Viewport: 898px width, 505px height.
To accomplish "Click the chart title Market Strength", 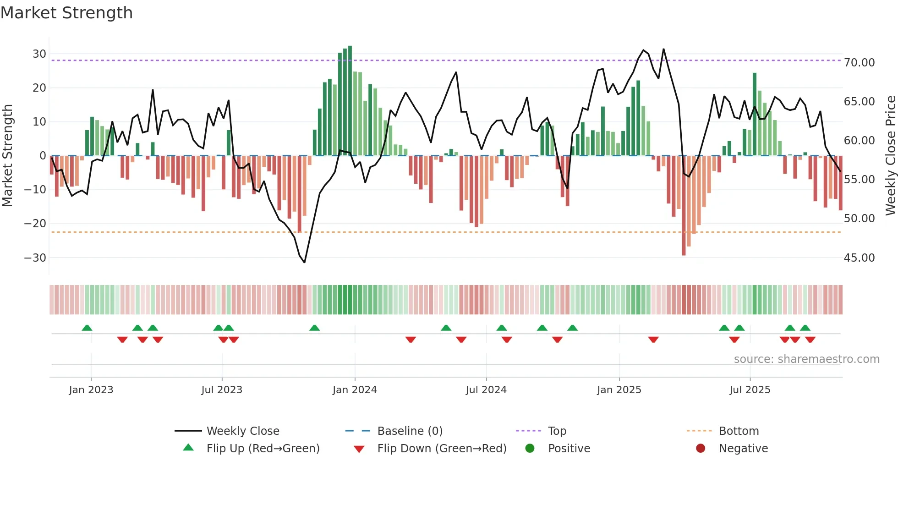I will point(67,13).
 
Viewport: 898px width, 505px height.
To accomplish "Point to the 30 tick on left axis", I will point(39,54).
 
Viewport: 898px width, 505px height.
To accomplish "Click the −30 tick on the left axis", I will point(35,258).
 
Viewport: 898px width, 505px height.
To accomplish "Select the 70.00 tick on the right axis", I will point(859,63).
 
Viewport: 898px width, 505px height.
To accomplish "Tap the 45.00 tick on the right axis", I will point(859,258).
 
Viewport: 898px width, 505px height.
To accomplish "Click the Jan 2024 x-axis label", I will point(355,390).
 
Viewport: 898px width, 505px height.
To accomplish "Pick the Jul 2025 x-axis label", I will point(750,390).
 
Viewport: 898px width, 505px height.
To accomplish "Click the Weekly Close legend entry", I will point(242,431).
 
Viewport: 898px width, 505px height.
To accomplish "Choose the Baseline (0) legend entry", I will point(410,431).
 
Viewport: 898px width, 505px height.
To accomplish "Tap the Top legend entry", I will point(557,431).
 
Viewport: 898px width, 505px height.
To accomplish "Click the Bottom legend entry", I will point(739,431).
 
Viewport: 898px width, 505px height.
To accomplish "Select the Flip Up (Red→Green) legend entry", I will point(263,449).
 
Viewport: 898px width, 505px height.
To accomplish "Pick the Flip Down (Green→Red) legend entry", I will point(442,449).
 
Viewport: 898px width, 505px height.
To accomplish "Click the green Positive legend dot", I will point(530,449).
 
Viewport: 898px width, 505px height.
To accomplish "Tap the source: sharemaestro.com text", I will point(806,359).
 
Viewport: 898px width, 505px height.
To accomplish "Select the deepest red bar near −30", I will point(684,205).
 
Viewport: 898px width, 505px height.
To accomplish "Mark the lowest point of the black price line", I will point(304,262).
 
